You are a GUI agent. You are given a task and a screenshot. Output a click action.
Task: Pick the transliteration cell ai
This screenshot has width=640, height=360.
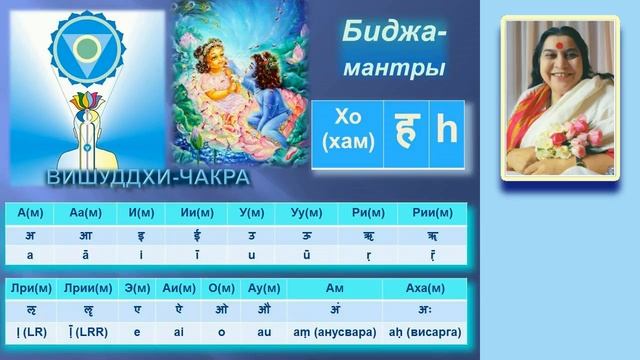click(178, 328)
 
